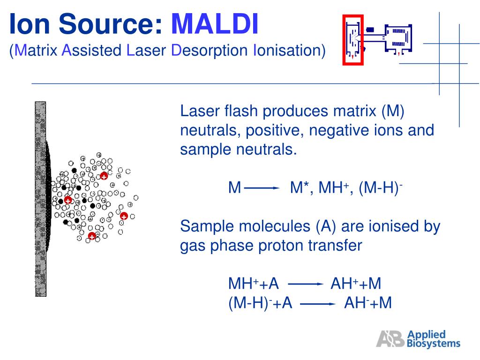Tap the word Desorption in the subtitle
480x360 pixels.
click(209, 50)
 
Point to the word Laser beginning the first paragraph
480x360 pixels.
click(200, 112)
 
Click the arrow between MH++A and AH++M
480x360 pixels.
click(305, 284)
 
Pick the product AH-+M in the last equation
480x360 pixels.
click(368, 303)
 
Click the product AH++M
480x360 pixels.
click(356, 284)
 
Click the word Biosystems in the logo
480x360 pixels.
click(434, 344)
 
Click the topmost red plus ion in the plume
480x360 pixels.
click(104, 176)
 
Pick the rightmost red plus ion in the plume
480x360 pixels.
click(124, 216)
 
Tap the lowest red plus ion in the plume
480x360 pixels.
click(92, 236)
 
